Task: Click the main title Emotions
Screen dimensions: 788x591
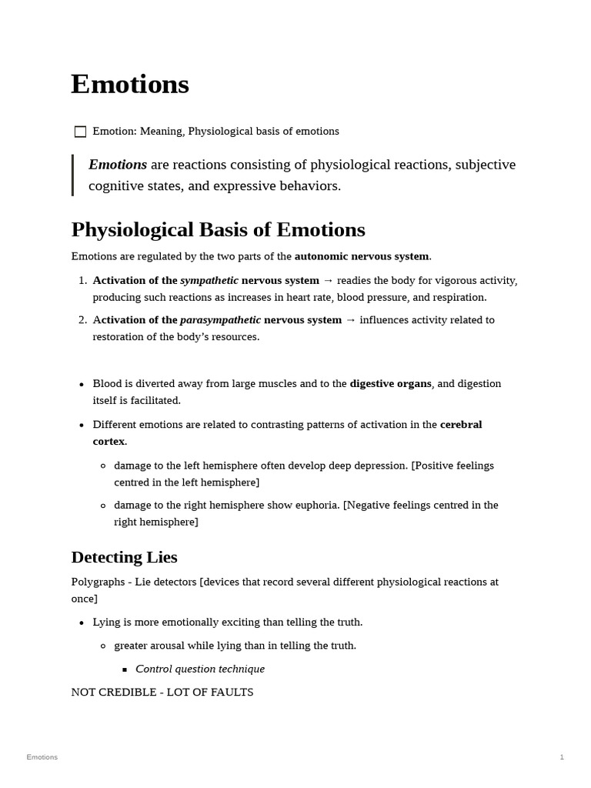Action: click(130, 84)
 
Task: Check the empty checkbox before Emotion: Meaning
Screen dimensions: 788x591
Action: click(80, 132)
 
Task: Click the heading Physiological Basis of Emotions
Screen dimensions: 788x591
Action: click(218, 230)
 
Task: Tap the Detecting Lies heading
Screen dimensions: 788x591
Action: click(124, 556)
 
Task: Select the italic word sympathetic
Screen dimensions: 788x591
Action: click(209, 281)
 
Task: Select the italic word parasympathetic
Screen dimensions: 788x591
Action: click(220, 320)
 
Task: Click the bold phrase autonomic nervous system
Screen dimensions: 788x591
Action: click(362, 256)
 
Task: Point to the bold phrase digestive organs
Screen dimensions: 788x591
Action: click(390, 383)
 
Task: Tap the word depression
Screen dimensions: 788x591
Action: click(381, 466)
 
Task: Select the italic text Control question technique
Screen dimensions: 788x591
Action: click(200, 669)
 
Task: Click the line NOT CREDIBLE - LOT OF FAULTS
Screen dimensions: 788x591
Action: click(162, 692)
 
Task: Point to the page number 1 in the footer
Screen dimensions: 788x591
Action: click(562, 757)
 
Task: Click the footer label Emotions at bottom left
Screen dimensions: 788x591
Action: click(42, 757)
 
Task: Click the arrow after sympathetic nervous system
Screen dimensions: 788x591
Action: click(328, 281)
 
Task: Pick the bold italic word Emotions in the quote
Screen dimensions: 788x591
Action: click(118, 165)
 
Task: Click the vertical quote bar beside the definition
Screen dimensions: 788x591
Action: click(73, 175)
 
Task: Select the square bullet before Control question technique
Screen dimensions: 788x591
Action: click(125, 669)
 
